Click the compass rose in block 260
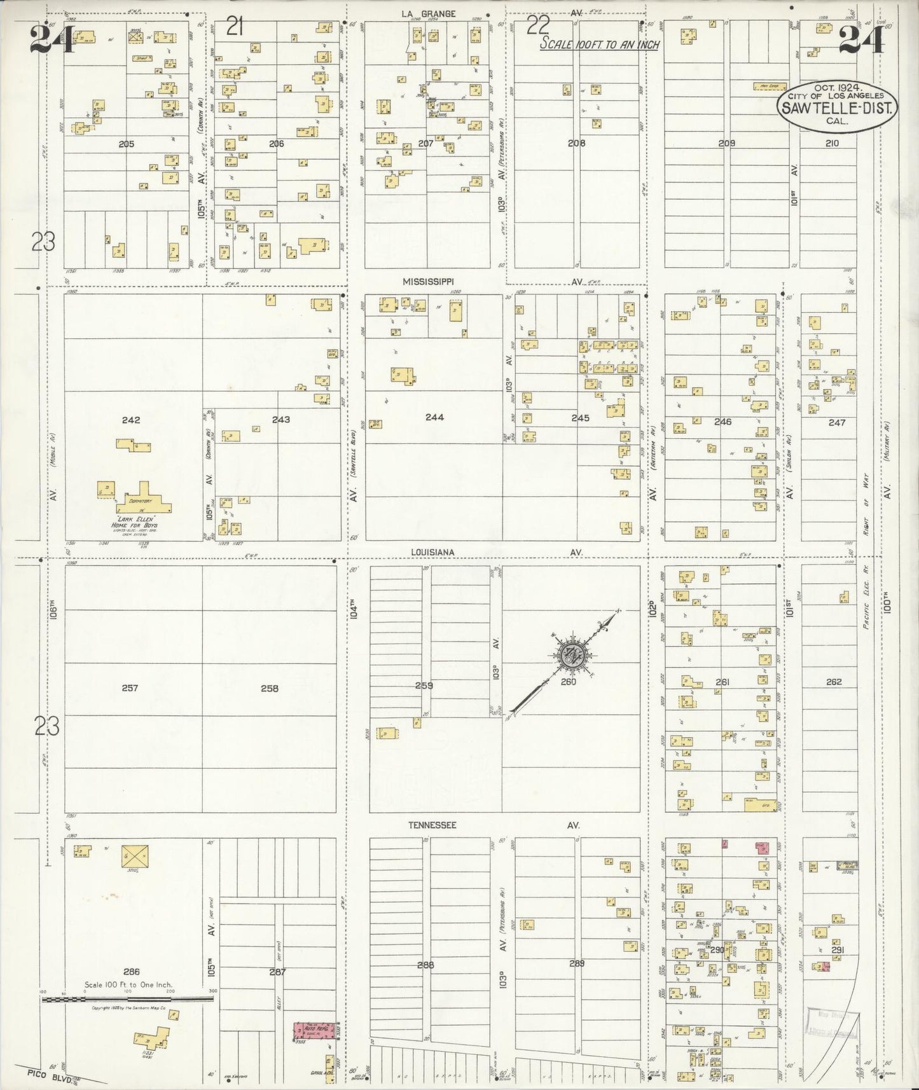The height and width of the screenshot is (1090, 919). [568, 654]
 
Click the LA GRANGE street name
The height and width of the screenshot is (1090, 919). [428, 13]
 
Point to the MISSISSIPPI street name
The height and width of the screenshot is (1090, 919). [429, 280]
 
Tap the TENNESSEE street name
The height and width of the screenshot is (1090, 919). [432, 825]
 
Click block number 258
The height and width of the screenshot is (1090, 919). [270, 687]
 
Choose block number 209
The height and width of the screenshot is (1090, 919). [726, 143]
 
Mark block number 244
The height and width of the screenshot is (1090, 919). [434, 417]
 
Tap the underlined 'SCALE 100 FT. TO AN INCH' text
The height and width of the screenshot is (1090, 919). [599, 45]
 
